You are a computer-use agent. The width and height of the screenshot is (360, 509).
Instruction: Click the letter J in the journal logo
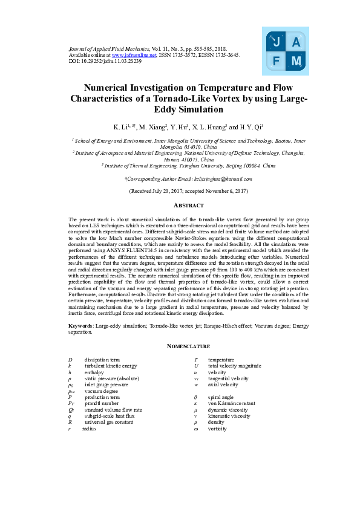coord(277,42)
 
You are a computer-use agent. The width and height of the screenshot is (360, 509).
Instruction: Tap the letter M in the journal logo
coord(296,61)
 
